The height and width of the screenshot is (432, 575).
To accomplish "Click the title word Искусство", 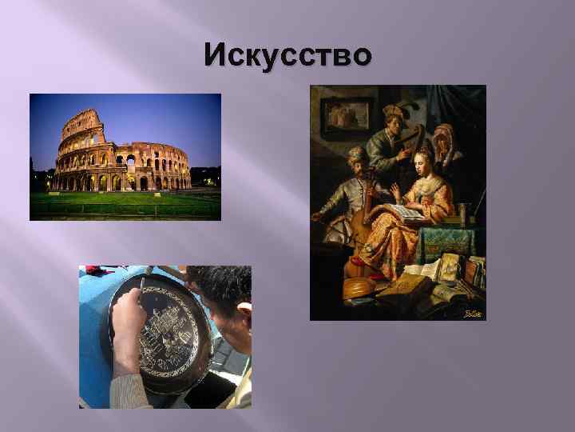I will click(287, 56).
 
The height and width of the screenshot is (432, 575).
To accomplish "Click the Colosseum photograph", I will click(125, 157).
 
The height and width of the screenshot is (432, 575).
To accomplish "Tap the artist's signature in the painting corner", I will click(473, 312).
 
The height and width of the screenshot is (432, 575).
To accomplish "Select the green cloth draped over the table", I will click(451, 240).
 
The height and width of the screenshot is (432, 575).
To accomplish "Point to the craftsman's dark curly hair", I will click(228, 284).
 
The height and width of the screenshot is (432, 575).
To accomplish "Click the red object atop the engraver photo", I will click(96, 270).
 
